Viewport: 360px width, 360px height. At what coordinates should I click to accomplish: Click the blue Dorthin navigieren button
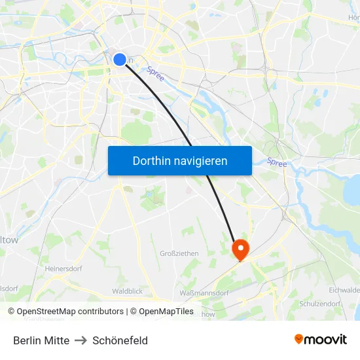180,160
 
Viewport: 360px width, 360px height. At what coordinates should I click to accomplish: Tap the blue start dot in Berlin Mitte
120,60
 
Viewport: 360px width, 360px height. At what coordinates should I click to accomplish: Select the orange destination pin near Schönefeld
241,248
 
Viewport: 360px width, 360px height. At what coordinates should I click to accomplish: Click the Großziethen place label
179,253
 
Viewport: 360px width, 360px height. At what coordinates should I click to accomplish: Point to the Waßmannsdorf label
204,293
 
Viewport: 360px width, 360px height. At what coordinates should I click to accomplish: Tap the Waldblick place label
127,291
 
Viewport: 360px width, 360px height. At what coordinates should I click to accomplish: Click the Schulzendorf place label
320,304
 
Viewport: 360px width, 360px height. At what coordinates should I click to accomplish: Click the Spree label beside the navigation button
277,162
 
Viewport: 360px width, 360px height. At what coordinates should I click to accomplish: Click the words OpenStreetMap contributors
70,312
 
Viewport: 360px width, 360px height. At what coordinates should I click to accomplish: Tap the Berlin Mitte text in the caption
41,340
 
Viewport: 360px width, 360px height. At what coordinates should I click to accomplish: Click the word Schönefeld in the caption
120,340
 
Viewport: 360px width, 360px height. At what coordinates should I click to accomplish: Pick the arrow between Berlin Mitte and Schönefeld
81,340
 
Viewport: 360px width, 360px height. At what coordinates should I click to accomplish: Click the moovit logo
321,339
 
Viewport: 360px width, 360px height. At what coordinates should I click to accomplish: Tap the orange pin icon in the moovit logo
299,339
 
